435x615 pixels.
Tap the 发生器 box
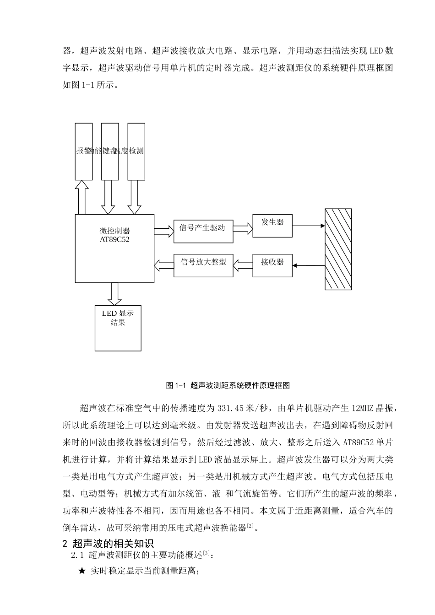click(x=272, y=226)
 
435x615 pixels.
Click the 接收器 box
click(x=272, y=265)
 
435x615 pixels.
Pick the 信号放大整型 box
click(x=203, y=265)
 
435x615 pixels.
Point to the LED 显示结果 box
click(x=118, y=328)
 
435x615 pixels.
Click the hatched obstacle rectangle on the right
click(x=338, y=249)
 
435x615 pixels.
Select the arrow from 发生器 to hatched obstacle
click(x=308, y=226)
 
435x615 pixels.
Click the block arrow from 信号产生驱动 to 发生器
click(x=243, y=228)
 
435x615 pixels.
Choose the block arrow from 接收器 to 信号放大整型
click(x=243, y=264)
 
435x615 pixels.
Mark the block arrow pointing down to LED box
click(x=114, y=293)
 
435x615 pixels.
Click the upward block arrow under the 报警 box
click(x=82, y=197)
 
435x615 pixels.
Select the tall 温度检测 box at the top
click(x=136, y=151)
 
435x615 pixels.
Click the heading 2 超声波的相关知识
click(x=108, y=544)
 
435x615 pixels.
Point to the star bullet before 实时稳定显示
click(x=82, y=571)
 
